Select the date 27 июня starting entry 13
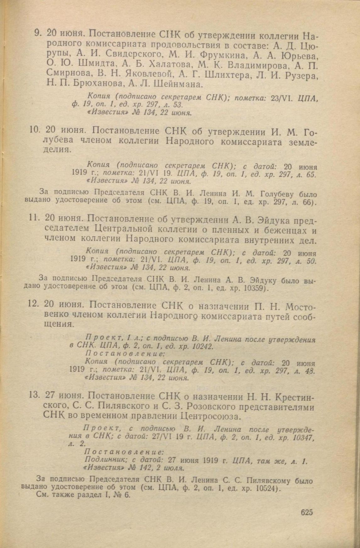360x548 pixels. pyautogui.click(x=65, y=395)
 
